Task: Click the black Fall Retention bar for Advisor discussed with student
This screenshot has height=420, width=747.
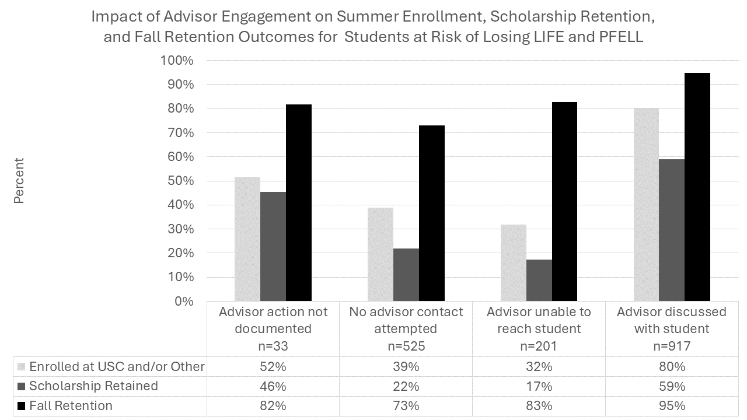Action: tap(697, 187)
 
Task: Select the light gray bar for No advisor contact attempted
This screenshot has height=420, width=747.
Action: tap(380, 254)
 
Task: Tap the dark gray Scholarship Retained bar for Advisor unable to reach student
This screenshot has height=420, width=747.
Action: tap(539, 280)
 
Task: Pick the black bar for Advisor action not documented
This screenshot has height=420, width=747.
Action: tap(299, 203)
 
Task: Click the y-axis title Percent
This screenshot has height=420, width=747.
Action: tap(19, 181)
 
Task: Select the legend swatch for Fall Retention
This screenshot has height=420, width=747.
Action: tap(22, 406)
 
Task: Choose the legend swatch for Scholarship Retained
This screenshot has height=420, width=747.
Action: tap(22, 386)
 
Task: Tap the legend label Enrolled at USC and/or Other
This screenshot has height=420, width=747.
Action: tap(117, 367)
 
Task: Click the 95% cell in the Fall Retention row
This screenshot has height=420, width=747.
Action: tap(671, 406)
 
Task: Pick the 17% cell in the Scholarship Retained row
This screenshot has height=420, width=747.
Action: tap(539, 386)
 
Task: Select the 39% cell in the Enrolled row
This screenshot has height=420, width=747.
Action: tap(406, 367)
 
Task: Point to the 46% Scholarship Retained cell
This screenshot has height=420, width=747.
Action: tap(273, 386)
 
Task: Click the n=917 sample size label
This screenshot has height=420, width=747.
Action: tap(671, 346)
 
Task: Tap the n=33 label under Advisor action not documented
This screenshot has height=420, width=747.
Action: tap(273, 346)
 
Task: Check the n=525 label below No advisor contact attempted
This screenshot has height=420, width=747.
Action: tap(406, 346)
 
